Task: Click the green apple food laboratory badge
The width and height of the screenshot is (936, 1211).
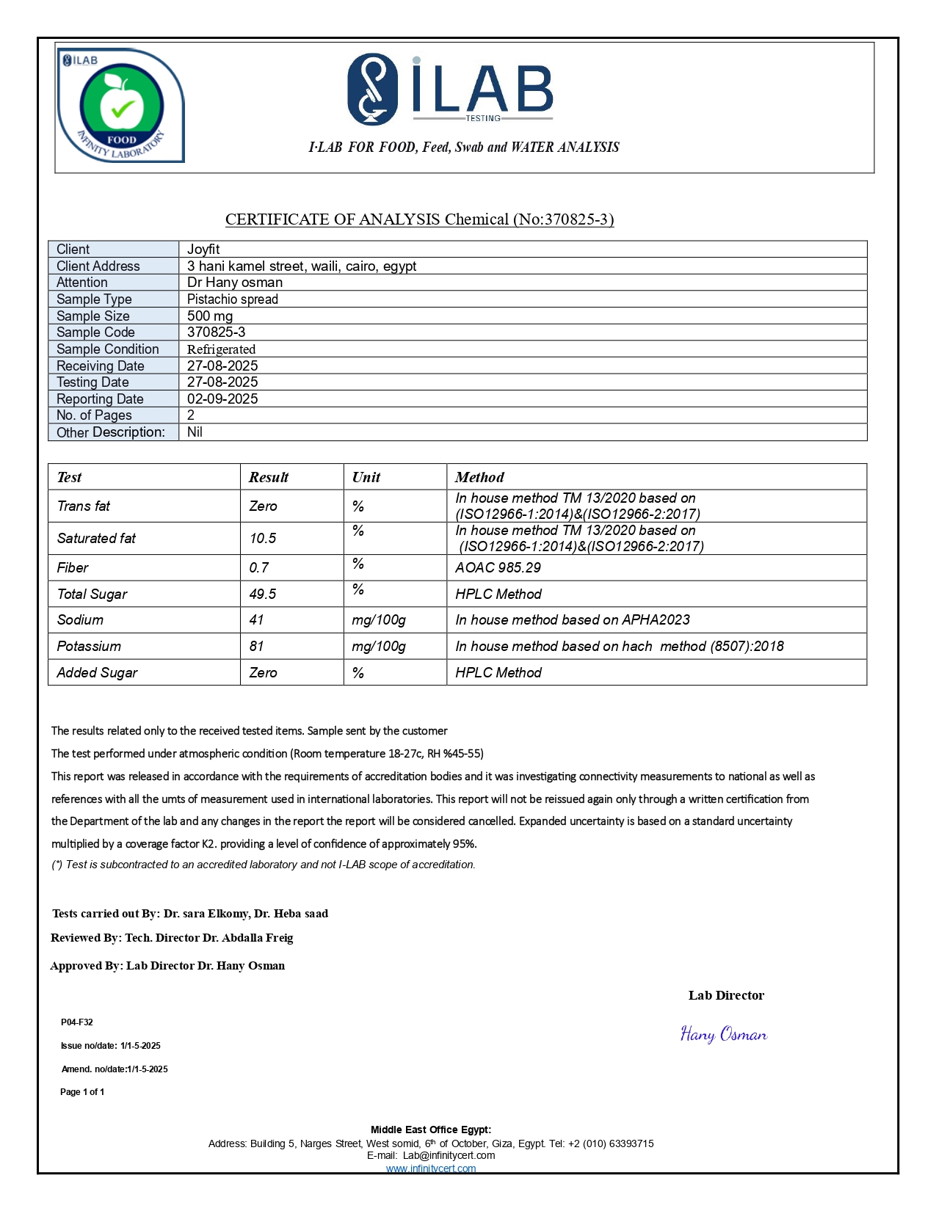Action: click(120, 106)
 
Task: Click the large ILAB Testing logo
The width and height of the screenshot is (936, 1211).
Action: click(449, 89)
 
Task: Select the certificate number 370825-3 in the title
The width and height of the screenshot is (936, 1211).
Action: click(576, 219)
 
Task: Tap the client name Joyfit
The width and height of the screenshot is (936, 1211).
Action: click(203, 250)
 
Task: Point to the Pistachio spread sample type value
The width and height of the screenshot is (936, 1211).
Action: click(232, 299)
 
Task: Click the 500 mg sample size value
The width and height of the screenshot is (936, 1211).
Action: click(210, 316)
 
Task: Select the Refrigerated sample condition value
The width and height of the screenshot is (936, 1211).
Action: click(221, 349)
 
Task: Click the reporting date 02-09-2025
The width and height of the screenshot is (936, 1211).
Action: click(222, 399)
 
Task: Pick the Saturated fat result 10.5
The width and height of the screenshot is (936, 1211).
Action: click(263, 539)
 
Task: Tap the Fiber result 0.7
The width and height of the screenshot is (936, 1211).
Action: click(259, 568)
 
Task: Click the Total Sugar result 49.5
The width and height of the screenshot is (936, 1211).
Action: click(263, 594)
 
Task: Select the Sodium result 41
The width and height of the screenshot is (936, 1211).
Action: click(256, 620)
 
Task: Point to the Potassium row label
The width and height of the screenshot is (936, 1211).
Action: click(89, 647)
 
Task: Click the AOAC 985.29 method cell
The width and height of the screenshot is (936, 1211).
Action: click(498, 568)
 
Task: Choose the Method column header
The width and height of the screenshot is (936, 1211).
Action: click(479, 478)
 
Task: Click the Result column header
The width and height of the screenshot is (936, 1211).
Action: click(269, 478)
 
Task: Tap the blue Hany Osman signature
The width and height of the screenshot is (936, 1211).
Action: click(723, 1035)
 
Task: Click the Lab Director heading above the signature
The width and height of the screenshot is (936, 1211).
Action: click(726, 996)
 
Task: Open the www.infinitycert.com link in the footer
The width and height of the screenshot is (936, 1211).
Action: click(431, 1168)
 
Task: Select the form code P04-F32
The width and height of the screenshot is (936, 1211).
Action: click(77, 1022)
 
